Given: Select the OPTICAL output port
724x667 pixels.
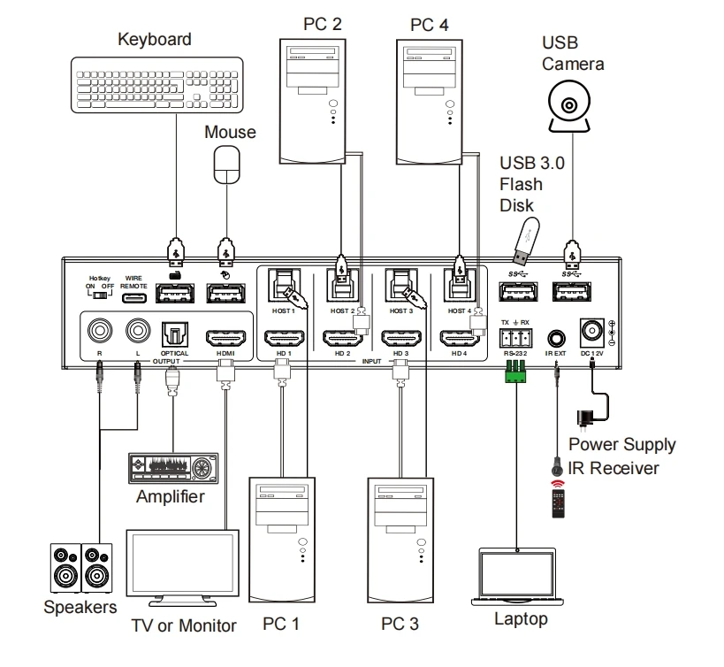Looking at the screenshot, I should point(171,334).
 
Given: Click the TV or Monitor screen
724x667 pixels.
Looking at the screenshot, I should point(183,569).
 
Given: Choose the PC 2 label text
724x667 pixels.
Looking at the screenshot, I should point(324,22).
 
